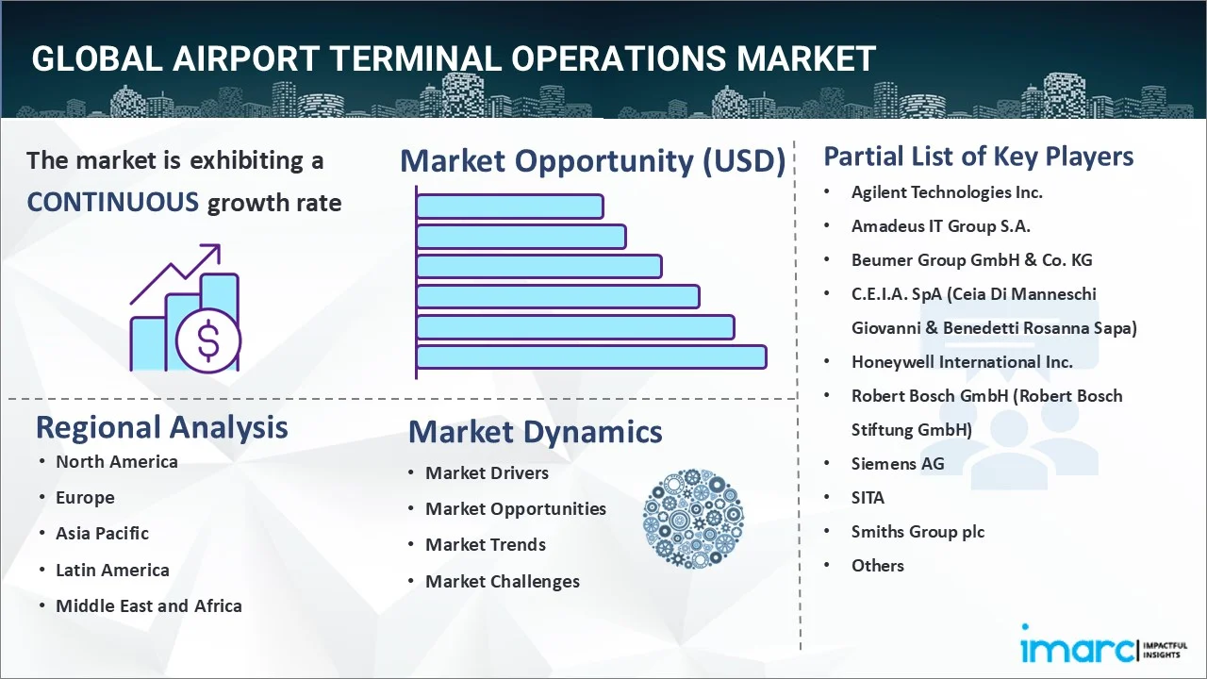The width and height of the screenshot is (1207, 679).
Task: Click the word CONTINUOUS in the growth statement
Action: tap(112, 202)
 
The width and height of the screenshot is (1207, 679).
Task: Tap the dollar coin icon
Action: tap(208, 340)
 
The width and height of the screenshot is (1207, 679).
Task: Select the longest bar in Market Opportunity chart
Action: tap(591, 356)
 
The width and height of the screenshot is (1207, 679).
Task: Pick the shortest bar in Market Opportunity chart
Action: tap(509, 206)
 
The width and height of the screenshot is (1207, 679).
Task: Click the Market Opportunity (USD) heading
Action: tap(592, 161)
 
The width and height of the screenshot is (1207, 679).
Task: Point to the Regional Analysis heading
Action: tap(161, 427)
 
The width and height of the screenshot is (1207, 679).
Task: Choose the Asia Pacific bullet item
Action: tap(102, 533)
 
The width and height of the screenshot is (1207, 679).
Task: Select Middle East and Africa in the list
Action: tap(148, 605)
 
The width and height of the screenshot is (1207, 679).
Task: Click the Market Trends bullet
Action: tap(485, 544)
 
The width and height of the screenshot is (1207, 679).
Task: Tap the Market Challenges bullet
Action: tap(502, 581)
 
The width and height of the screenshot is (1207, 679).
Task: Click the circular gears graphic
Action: tap(693, 520)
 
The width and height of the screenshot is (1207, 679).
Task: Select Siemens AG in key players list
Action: tap(897, 463)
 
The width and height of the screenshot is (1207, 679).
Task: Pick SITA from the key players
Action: tap(868, 497)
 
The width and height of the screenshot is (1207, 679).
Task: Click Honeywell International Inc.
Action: tap(961, 361)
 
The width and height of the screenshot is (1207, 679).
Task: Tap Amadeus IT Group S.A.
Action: tap(940, 225)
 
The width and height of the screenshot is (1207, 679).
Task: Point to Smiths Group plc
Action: tap(917, 531)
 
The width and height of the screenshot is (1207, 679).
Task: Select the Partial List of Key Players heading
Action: tap(978, 156)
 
